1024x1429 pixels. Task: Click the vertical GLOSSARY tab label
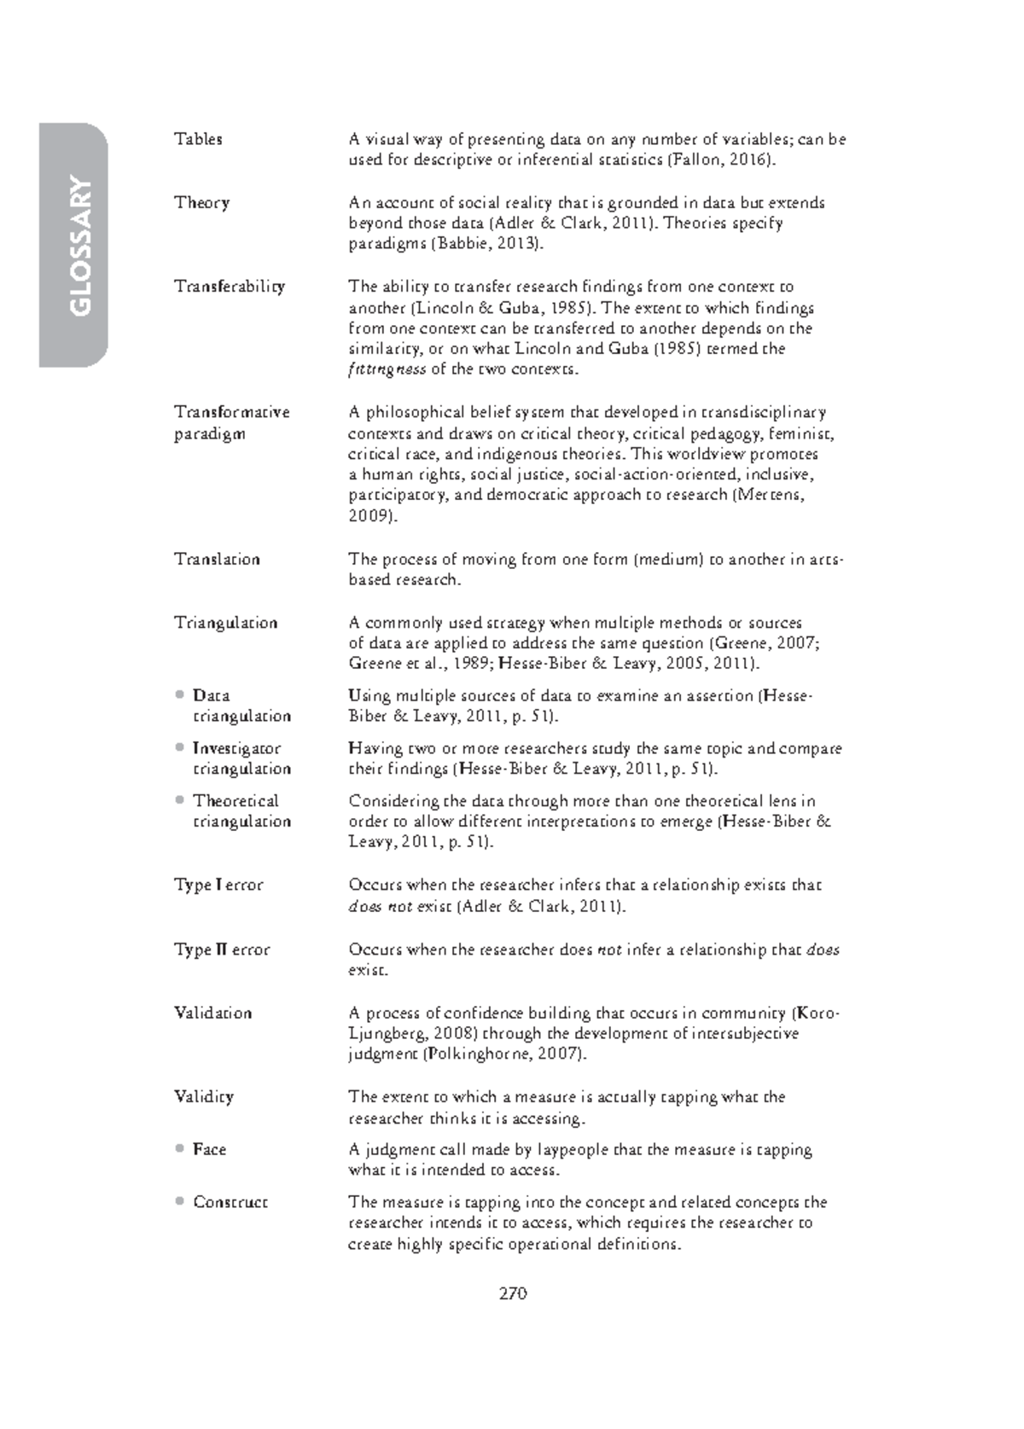79,246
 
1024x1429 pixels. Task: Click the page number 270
513,1293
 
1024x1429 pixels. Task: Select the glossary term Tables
198,139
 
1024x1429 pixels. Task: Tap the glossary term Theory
201,203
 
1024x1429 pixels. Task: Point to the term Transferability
229,287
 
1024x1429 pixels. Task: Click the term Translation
217,560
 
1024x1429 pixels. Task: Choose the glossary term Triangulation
225,623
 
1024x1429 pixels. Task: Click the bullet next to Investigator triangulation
179,747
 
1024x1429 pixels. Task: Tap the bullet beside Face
179,1148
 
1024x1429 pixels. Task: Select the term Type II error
222,950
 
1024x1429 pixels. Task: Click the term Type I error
218,886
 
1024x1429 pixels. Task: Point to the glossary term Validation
212,1014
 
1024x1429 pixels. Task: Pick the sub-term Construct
230,1202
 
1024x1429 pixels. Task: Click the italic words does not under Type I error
381,907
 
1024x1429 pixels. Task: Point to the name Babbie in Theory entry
462,244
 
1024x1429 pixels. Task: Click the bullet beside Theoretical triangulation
179,800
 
